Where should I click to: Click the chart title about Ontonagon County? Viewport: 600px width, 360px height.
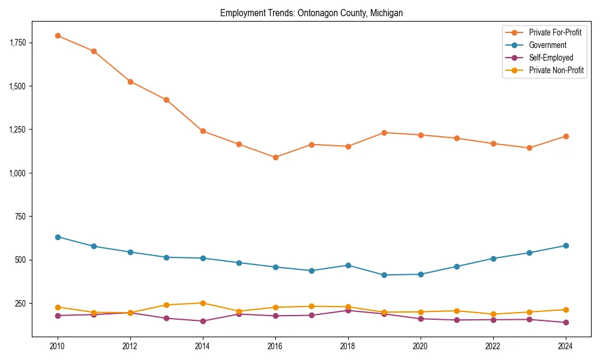pyautogui.click(x=311, y=13)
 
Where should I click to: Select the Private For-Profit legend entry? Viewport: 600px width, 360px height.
pyautogui.click(x=555, y=32)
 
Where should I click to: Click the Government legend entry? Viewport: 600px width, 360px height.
pyautogui.click(x=547, y=45)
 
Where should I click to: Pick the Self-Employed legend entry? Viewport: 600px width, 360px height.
pyautogui.click(x=551, y=58)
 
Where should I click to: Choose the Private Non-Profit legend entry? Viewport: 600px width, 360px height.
pyautogui.click(x=556, y=70)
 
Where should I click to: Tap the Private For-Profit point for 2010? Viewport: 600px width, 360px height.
pyautogui.click(x=58, y=35)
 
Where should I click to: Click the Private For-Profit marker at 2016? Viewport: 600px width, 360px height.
pyautogui.click(x=275, y=157)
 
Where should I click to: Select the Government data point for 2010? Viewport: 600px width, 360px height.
pyautogui.click(x=58, y=237)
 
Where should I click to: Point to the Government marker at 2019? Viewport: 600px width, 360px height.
pyautogui.click(x=384, y=275)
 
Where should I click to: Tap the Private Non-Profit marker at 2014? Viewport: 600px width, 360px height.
pyautogui.click(x=203, y=303)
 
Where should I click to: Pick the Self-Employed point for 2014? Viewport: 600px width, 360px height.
pyautogui.click(x=203, y=321)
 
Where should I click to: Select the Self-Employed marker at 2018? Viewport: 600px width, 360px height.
pyautogui.click(x=348, y=310)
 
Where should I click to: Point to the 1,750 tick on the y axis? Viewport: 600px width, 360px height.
pyautogui.click(x=18, y=43)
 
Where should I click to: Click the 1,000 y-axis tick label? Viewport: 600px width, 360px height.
pyautogui.click(x=18, y=173)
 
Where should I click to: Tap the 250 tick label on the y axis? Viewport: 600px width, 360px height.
pyautogui.click(x=22, y=303)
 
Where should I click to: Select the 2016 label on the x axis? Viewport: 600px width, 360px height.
pyautogui.click(x=275, y=346)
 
